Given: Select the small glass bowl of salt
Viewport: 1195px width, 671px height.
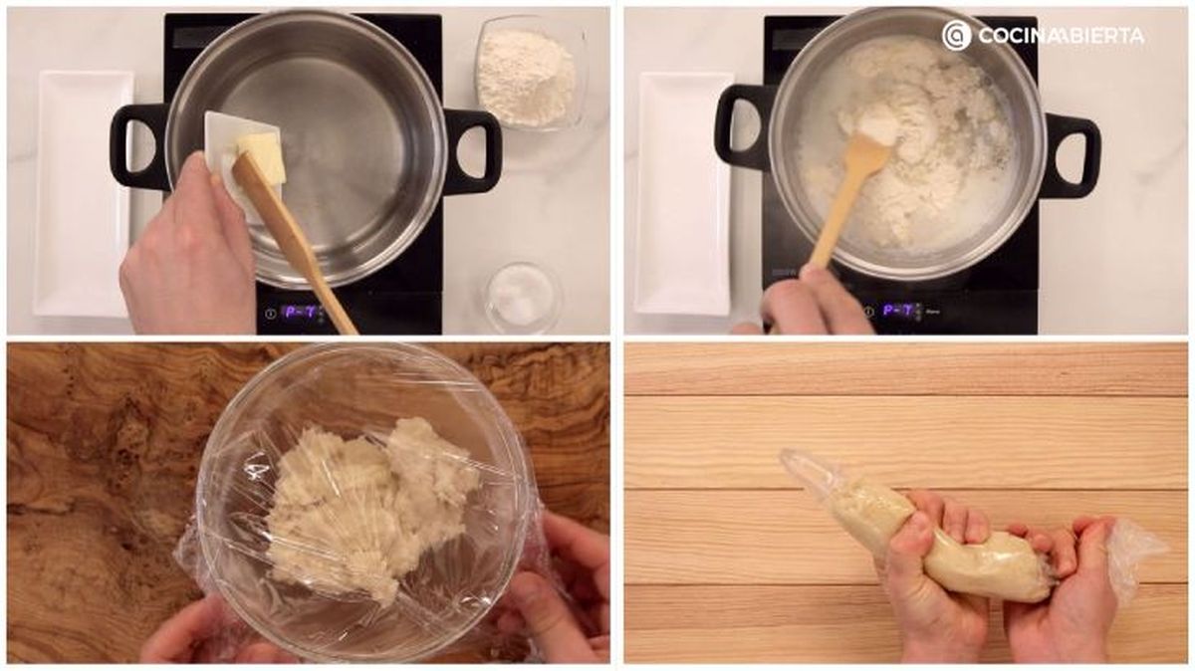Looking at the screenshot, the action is (524, 297).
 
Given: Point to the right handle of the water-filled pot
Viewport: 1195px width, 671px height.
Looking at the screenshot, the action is (473, 152).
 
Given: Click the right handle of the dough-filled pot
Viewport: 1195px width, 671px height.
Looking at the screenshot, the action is (1070, 155).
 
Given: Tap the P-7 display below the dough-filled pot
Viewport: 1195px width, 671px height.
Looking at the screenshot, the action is (900, 310).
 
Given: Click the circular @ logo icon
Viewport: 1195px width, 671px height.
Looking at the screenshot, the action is (957, 36).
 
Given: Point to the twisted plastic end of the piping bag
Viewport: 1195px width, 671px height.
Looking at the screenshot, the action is (1135, 555).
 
